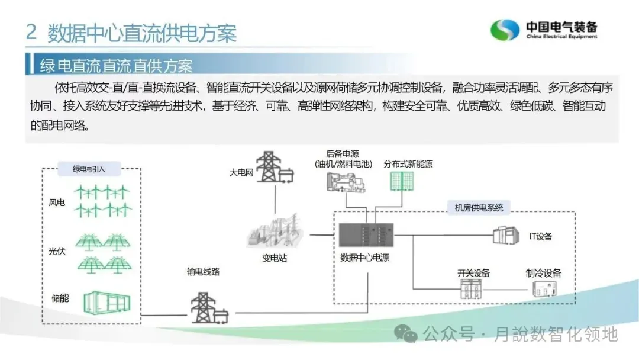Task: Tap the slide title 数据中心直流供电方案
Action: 141,33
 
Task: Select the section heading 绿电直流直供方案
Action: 116,65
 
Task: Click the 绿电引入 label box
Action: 89,169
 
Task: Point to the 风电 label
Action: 57,203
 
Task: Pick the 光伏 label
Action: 57,251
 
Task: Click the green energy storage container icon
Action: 105,303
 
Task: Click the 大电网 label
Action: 241,173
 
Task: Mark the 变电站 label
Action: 275,259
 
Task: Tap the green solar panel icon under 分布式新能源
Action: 401,181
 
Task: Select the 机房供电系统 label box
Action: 479,207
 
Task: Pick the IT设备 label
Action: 540,237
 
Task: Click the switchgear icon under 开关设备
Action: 473,289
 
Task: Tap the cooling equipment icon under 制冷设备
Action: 543,288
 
